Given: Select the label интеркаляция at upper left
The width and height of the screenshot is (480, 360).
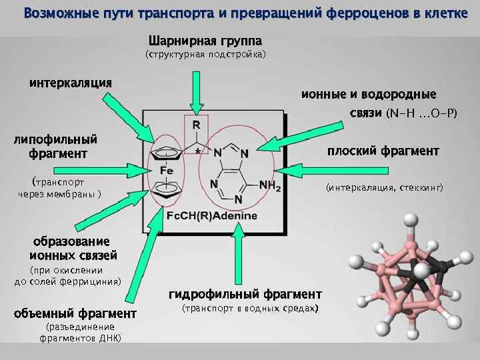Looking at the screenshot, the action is pos(70,83).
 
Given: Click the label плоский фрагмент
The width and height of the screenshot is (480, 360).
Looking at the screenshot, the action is pos(383,151).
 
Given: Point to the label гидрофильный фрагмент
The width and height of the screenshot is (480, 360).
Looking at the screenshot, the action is pos(245,294).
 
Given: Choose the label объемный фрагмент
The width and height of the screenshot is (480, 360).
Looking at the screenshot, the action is pos(75,313).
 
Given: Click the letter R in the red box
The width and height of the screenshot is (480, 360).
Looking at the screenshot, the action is pos(196,125).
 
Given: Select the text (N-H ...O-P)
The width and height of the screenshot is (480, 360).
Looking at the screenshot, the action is pos(421,114).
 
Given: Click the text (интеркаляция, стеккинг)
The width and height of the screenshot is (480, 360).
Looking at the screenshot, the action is pos(384,188).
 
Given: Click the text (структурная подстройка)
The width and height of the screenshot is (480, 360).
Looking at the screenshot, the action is pos(205,55).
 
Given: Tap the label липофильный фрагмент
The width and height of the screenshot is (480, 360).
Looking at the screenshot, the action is pos(56,146).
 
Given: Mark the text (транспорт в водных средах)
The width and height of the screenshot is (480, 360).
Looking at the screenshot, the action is pos(251,309).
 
